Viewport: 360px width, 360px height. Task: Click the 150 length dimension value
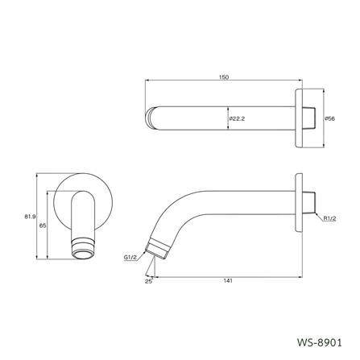pyautogui.click(x=223, y=77)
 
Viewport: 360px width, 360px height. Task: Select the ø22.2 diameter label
pyautogui.click(x=237, y=118)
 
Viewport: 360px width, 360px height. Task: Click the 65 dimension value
pyautogui.click(x=43, y=226)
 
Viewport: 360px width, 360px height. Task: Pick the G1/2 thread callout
pyautogui.click(x=130, y=256)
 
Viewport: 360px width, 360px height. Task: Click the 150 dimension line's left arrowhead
pyautogui.click(x=147, y=82)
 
